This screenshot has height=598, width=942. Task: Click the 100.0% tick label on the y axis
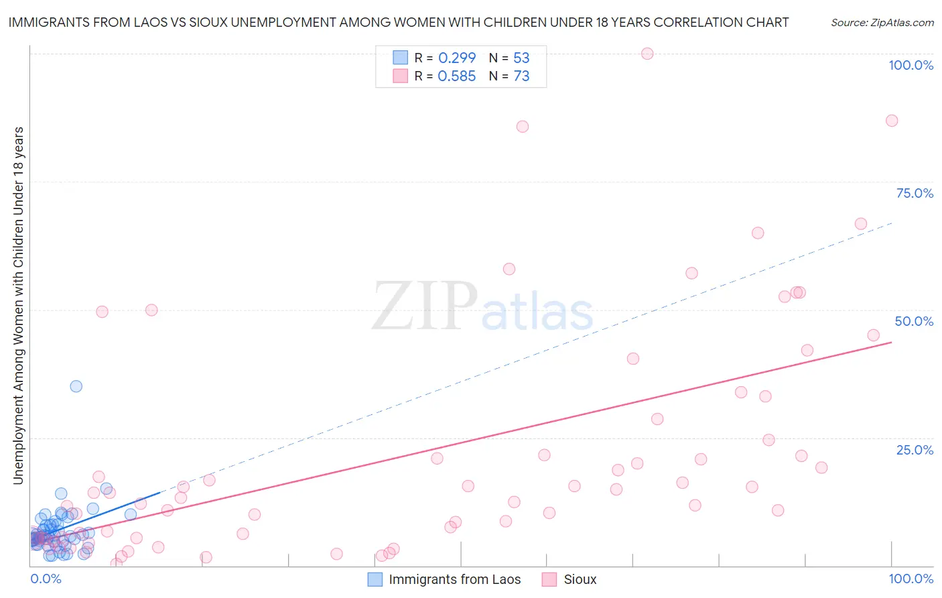(x=911, y=65)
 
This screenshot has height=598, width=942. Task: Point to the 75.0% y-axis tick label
(x=915, y=193)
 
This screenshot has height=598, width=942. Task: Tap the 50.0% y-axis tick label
(x=914, y=321)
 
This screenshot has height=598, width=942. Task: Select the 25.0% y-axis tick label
(x=915, y=449)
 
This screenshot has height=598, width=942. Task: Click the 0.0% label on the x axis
(x=46, y=579)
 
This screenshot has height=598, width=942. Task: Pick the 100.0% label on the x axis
(x=911, y=579)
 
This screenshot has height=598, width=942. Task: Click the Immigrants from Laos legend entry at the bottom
(x=454, y=579)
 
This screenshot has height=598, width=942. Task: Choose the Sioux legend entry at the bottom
(x=580, y=579)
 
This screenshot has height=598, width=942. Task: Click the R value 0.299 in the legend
(x=456, y=58)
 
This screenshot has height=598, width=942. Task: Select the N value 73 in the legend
(x=521, y=76)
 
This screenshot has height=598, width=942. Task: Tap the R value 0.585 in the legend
(x=456, y=76)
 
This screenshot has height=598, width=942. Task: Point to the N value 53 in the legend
(x=521, y=58)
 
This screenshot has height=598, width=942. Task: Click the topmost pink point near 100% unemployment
(x=647, y=54)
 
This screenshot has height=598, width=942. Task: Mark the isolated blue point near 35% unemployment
(x=76, y=386)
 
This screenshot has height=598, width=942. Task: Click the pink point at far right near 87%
(x=892, y=121)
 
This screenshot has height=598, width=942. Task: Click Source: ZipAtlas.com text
(x=882, y=22)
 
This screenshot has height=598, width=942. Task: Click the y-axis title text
(x=18, y=305)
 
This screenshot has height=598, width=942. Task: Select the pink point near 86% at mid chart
(x=523, y=127)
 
